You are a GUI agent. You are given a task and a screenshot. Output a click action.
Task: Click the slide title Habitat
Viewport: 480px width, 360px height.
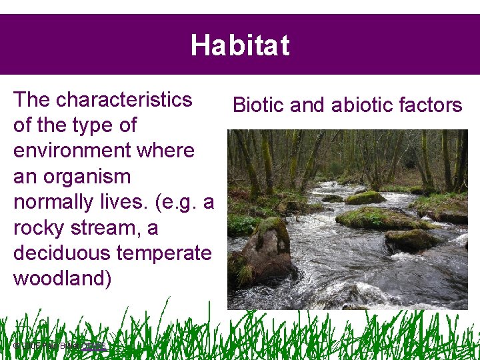[x=240, y=45]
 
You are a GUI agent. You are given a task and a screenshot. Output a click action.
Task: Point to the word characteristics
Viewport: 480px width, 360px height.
[x=125, y=99]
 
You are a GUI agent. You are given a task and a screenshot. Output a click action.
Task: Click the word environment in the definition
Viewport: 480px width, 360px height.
[x=104, y=151]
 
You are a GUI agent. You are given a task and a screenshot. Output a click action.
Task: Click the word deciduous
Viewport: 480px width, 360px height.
[x=62, y=253]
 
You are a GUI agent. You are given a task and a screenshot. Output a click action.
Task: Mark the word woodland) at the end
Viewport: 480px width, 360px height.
[x=63, y=279]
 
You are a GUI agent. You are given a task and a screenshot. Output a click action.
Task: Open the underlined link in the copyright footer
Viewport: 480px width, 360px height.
[x=95, y=345]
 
